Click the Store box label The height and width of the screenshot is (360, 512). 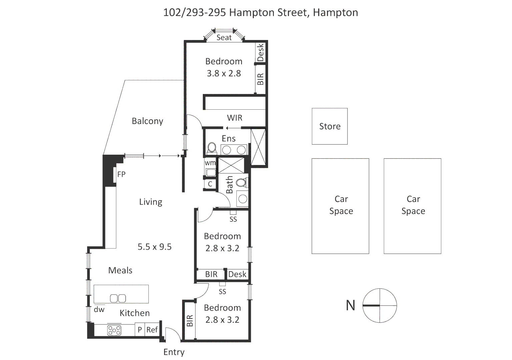click(330, 126)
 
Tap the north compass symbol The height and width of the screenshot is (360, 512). click(380, 305)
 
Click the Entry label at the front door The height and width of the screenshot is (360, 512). click(174, 352)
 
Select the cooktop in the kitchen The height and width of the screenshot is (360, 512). click(114, 330)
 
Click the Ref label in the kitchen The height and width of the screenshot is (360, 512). click(152, 330)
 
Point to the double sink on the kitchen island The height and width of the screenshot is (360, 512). click(118, 298)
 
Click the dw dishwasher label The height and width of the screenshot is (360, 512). click(99, 310)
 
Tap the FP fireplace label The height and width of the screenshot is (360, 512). click(121, 174)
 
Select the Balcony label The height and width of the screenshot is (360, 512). click(147, 121)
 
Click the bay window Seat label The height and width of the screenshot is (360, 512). click(224, 38)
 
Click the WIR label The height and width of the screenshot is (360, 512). click(234, 118)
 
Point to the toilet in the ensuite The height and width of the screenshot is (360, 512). click(211, 148)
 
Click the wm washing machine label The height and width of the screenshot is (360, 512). click(210, 163)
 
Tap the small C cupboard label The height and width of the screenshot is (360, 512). click(210, 184)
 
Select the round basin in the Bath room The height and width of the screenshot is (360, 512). click(243, 199)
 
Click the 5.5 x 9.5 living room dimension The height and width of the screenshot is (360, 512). click(154, 247)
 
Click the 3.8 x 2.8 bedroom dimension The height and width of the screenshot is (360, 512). click(224, 73)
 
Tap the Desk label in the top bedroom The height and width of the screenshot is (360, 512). click(261, 52)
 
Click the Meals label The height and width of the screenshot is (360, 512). click(120, 270)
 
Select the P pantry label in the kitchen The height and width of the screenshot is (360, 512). click(140, 330)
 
